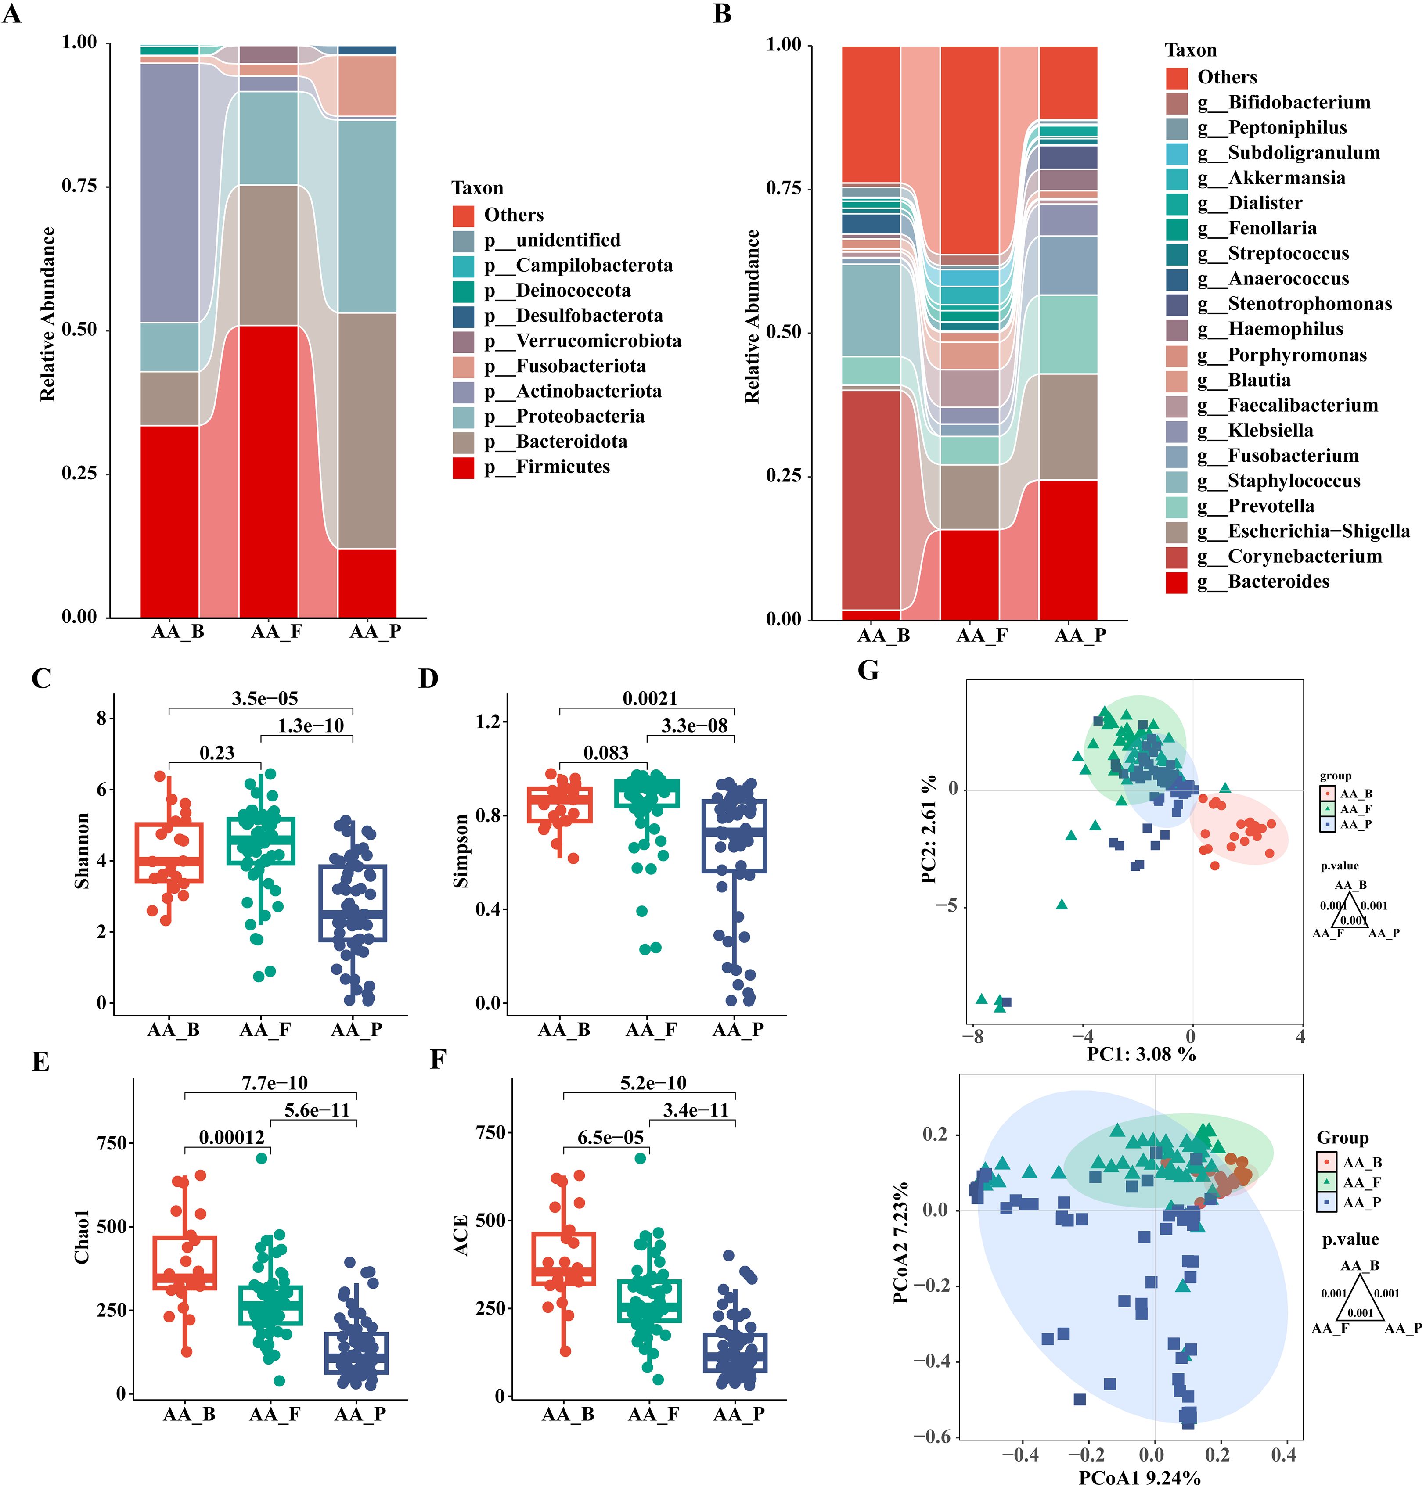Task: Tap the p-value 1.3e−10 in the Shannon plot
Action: point(310,726)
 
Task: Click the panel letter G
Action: point(868,671)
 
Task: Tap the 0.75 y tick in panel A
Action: point(80,186)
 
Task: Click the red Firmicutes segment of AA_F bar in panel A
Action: point(268,471)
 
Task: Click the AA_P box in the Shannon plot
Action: point(353,903)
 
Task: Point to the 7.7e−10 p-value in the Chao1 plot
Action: point(275,1083)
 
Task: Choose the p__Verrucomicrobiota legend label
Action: point(598,341)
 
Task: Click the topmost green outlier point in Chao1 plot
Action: point(262,1159)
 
